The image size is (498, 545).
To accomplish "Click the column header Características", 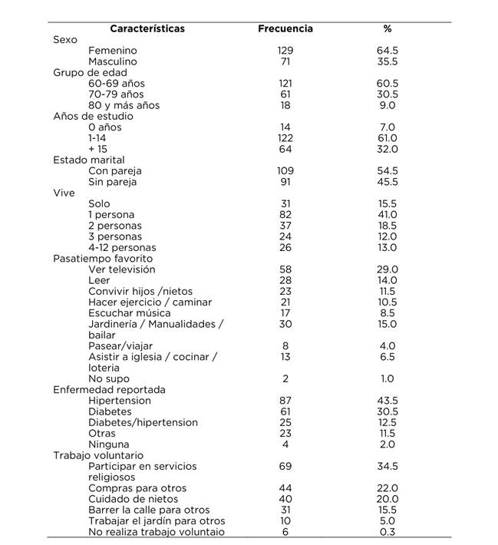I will click(x=147, y=28).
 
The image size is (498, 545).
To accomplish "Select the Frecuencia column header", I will click(x=285, y=28).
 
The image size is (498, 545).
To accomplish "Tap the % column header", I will click(x=388, y=28).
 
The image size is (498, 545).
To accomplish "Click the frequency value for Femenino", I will click(x=285, y=50).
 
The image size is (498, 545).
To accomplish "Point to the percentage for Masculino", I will click(x=388, y=61).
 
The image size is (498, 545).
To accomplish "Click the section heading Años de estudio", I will click(x=93, y=116).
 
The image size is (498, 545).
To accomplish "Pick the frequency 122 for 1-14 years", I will click(x=285, y=138).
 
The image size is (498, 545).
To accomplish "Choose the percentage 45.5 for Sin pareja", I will click(x=388, y=182).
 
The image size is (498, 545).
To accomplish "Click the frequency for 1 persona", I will click(x=285, y=215).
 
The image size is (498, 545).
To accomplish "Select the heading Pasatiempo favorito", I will click(x=104, y=259).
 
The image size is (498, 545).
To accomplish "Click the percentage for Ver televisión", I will click(x=388, y=269).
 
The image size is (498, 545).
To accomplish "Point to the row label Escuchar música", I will click(x=126, y=313).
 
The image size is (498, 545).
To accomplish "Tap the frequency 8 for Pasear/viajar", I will click(x=285, y=346).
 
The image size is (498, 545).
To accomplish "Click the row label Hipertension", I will click(x=120, y=401).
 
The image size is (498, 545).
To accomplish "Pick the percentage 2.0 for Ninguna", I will click(x=388, y=444).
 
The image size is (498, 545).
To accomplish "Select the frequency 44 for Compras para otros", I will click(x=285, y=488).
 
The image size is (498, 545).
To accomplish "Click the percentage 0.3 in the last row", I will click(x=388, y=532).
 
